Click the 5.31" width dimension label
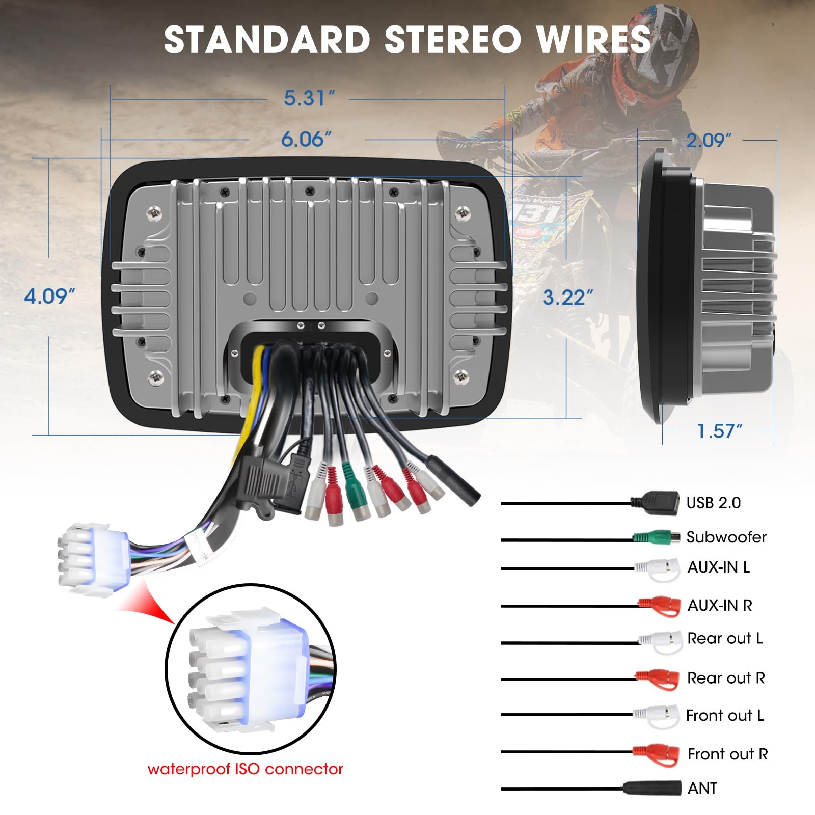309,98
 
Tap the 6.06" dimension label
306,139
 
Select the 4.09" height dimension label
49,296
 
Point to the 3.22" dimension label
567,297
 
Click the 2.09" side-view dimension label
709,140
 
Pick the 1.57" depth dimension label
719,431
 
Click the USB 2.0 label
713,503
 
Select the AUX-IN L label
718,567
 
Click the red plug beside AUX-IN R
660,606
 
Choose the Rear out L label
724,638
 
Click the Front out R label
727,754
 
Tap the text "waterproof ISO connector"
245,769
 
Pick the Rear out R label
725,678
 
